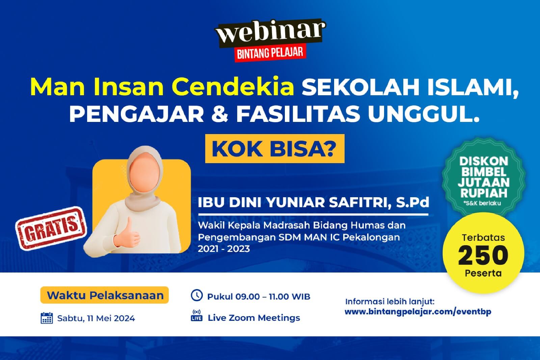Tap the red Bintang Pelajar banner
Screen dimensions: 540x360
pyautogui.click(x=270, y=53)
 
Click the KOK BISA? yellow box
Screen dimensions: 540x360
pyautogui.click(x=275, y=149)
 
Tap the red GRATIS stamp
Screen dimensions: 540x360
pyautogui.click(x=51, y=228)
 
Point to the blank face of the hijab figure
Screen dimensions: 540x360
pyautogui.click(x=144, y=172)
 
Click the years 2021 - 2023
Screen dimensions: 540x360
pyautogui.click(x=224, y=249)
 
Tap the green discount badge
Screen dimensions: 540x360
pyautogui.click(x=484, y=177)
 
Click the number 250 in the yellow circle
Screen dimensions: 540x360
pyautogui.click(x=483, y=255)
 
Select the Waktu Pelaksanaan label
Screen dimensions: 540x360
pyautogui.click(x=105, y=295)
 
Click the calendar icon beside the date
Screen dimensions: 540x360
pyautogui.click(x=47, y=318)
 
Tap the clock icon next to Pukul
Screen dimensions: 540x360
pyautogui.click(x=197, y=295)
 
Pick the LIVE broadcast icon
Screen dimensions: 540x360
pyautogui.click(x=197, y=316)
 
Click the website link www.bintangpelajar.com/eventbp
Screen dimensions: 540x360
pyautogui.click(x=418, y=312)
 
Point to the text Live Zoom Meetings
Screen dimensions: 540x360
pyautogui.click(x=254, y=318)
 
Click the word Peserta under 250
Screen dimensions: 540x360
pyautogui.click(x=483, y=273)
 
